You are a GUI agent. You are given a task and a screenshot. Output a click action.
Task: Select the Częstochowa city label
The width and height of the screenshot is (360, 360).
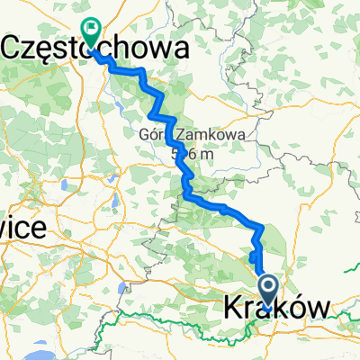99,49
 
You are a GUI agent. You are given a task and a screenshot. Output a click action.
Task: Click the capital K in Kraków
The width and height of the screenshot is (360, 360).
229,310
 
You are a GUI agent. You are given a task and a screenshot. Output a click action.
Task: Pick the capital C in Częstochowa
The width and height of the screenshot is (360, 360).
15,49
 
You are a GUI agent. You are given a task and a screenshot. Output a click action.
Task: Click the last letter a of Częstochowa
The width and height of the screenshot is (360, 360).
181,49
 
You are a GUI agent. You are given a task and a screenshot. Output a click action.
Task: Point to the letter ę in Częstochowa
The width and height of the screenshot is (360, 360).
50,51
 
